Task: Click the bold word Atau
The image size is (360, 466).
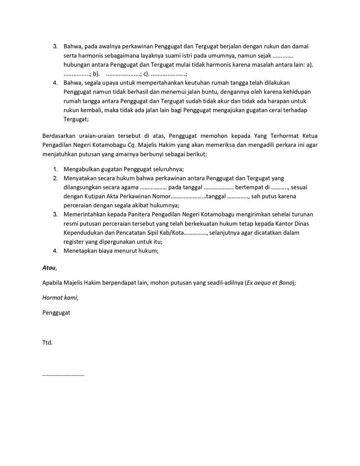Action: click(x=49, y=268)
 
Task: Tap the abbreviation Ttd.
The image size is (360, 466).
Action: click(x=47, y=343)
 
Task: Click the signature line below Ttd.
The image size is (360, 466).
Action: click(x=63, y=375)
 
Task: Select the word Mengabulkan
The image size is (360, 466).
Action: click(x=81, y=169)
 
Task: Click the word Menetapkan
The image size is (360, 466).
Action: click(x=79, y=250)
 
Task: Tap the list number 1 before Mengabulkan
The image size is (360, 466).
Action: click(x=55, y=169)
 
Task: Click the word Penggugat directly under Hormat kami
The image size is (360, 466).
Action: click(x=56, y=312)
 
